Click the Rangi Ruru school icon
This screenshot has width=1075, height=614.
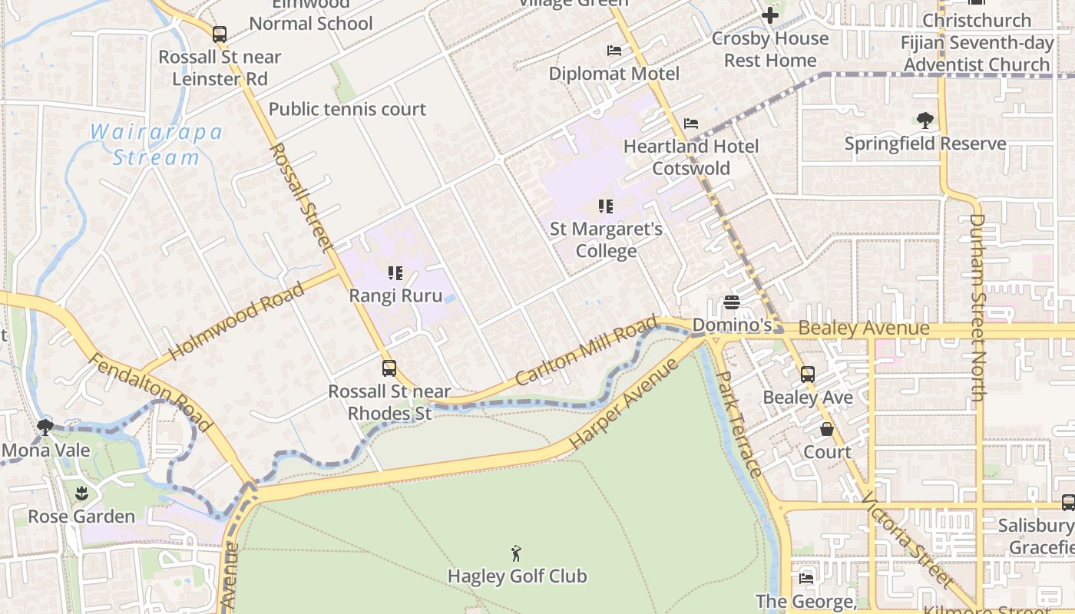click(395, 273)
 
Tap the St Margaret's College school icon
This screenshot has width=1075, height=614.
click(606, 206)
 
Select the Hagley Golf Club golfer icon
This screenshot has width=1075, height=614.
click(516, 553)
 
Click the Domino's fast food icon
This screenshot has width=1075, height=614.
click(731, 302)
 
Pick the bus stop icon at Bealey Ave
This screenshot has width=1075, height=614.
click(808, 375)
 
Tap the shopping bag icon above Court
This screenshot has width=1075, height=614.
click(827, 429)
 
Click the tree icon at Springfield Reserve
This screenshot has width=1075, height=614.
click(925, 120)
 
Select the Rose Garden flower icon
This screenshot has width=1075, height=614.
click(81, 493)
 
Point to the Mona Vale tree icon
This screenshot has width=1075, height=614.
click(45, 427)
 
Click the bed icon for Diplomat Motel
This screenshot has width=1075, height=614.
click(614, 51)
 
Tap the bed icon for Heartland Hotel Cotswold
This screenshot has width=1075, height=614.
click(691, 123)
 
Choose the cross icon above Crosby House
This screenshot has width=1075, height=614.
click(769, 15)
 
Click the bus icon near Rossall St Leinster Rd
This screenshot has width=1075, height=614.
click(220, 34)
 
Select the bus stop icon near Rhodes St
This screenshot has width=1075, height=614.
click(389, 368)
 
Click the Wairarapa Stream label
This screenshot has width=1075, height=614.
click(157, 145)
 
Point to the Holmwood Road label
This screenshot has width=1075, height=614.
click(236, 322)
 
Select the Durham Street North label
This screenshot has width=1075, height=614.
click(977, 307)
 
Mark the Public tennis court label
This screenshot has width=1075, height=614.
click(347, 109)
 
